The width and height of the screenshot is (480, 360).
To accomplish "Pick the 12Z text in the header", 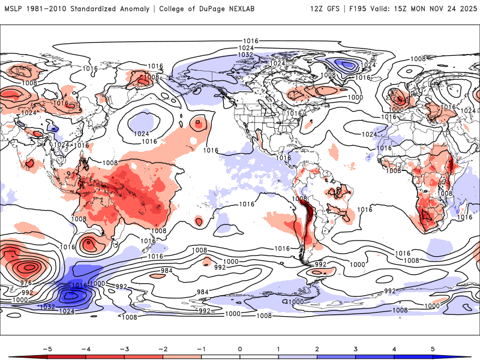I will [x=317, y=9].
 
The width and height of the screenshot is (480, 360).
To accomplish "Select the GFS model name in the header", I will [x=336, y=9].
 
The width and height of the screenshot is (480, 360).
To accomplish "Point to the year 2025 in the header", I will [x=466, y=9].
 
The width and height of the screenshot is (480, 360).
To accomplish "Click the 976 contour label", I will [x=26, y=283].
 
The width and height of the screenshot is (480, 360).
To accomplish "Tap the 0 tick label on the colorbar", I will [x=240, y=348].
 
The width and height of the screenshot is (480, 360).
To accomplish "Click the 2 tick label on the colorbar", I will [x=317, y=348].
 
